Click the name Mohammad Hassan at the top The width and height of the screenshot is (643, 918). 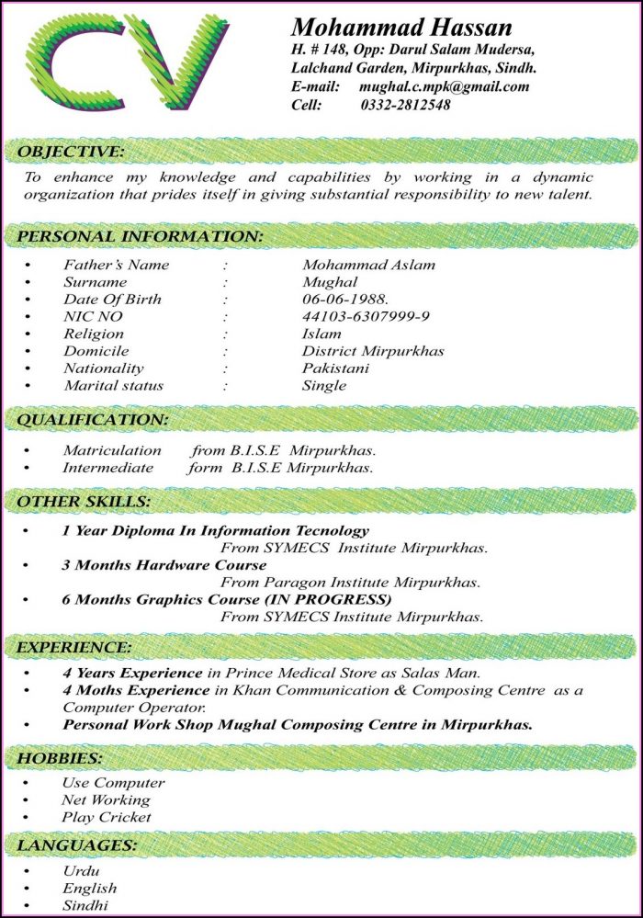(401, 27)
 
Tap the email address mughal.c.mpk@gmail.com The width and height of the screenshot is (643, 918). (444, 86)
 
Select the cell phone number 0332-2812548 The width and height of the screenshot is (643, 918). (404, 105)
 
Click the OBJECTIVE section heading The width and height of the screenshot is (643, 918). (70, 151)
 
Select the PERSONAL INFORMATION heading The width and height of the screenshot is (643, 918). (141, 236)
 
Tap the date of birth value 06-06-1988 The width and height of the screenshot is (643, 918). (345, 299)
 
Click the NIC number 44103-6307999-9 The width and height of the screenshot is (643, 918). (366, 316)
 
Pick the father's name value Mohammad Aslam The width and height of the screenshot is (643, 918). (368, 265)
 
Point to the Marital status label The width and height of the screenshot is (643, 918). (113, 385)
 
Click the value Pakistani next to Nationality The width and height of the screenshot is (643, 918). (335, 368)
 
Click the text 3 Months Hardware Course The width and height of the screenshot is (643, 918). (164, 564)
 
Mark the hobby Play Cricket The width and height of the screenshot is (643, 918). (107, 817)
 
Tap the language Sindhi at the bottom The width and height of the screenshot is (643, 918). (85, 905)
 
